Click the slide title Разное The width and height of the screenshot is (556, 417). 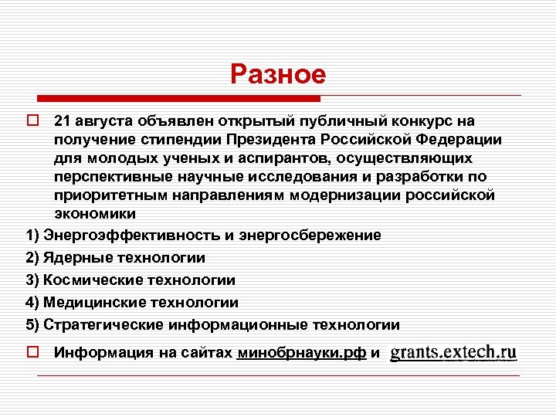(x=278, y=74)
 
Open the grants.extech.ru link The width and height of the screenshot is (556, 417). (x=453, y=352)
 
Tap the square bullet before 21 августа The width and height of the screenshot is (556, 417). (x=32, y=122)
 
